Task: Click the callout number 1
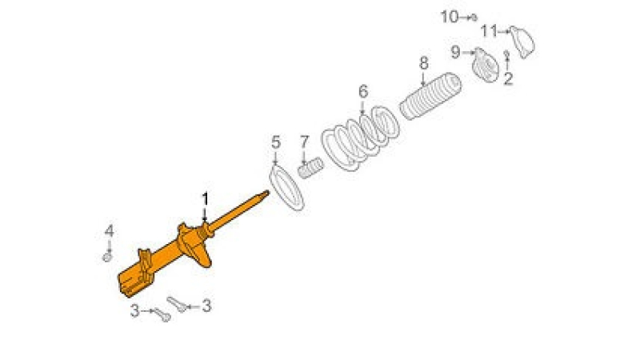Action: tap(205, 199)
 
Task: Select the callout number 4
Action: tap(109, 231)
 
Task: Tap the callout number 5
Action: tap(276, 142)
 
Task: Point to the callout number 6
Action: tap(363, 91)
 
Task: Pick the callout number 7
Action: tap(305, 142)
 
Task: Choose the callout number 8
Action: tap(424, 63)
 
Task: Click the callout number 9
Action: tap(455, 52)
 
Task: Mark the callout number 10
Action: tap(450, 17)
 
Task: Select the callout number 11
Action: tap(489, 31)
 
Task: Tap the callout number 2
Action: tap(508, 78)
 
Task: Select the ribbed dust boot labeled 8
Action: tap(430, 96)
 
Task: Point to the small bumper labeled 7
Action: tap(310, 167)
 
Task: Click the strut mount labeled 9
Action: tap(486, 65)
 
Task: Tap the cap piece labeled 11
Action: tap(522, 42)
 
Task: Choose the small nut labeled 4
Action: tap(107, 257)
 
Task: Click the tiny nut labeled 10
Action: tap(474, 18)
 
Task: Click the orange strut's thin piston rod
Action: tap(238, 210)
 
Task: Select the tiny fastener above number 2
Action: tap(506, 54)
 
